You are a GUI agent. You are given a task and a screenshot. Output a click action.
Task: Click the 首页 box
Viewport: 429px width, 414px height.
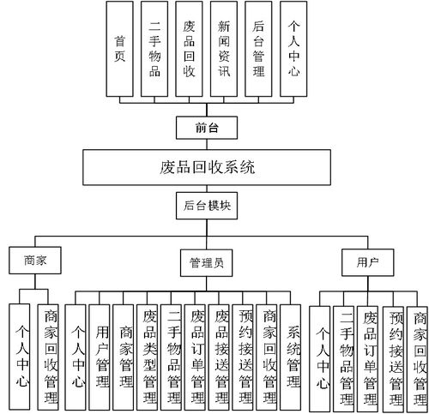click(x=120, y=48)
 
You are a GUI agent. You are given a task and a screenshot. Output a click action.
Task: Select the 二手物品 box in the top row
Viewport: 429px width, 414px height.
click(x=154, y=48)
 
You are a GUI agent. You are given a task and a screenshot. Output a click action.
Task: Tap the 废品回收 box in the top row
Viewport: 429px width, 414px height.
click(x=190, y=48)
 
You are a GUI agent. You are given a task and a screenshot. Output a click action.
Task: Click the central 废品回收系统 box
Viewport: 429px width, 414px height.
click(x=208, y=166)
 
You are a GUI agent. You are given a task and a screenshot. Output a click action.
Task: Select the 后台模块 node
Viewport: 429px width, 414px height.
click(x=208, y=206)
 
